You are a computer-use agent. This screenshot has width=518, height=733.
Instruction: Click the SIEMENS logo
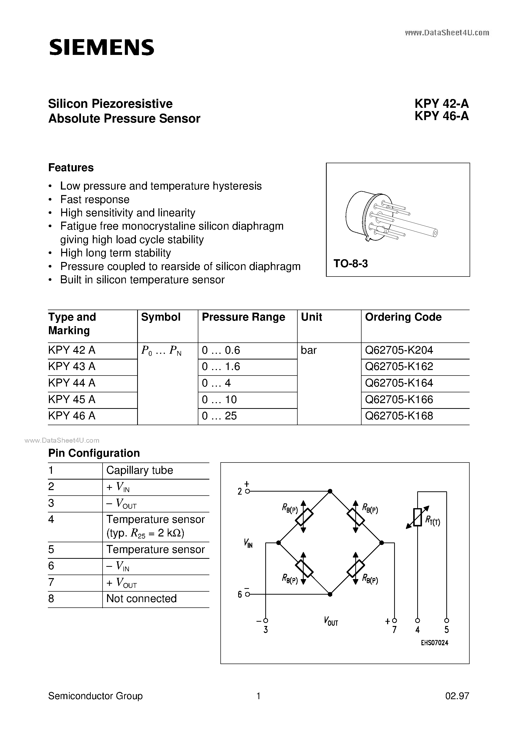[102, 48]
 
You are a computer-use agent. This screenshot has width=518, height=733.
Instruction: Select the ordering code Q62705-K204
[399, 350]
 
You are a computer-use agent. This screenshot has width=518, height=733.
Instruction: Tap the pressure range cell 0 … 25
[219, 416]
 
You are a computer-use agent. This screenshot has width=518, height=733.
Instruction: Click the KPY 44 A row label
[72, 383]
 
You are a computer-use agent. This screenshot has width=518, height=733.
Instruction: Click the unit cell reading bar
[308, 350]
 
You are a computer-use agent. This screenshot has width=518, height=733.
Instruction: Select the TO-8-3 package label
[351, 263]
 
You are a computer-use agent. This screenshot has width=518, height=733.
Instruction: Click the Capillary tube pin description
[140, 470]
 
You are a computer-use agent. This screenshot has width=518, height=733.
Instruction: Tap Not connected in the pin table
[141, 598]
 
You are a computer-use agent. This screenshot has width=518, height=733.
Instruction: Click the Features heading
[71, 168]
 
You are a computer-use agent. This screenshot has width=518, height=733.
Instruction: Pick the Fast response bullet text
[95, 200]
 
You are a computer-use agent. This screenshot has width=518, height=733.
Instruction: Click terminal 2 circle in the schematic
[247, 491]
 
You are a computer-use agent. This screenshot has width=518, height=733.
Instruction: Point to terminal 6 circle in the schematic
[247, 594]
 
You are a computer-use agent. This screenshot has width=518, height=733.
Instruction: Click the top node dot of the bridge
[330, 491]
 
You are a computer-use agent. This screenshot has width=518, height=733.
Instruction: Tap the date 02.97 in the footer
[457, 696]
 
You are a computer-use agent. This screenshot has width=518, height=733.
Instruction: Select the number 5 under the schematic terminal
[447, 629]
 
